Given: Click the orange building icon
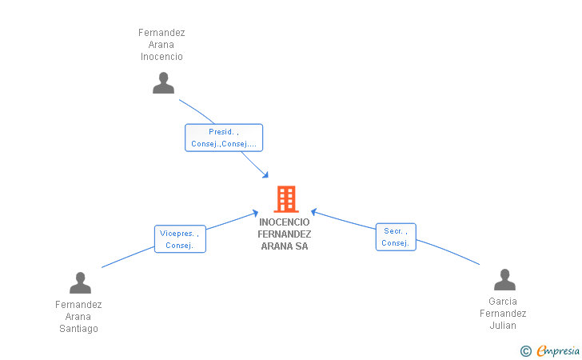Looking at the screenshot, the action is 286,199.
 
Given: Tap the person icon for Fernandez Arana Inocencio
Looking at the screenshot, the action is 163,83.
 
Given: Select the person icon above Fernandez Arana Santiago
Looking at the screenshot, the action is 80,282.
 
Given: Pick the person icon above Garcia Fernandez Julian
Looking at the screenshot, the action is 504,279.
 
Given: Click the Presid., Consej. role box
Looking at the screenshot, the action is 224,138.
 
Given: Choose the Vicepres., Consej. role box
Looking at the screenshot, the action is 180,239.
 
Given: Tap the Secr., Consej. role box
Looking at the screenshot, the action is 396,237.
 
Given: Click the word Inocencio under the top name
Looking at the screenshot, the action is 161,57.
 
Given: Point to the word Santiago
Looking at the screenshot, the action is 78,329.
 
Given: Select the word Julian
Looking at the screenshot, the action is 503,326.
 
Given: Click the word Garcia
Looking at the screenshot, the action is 503,302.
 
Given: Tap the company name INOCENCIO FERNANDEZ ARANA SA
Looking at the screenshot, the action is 285,234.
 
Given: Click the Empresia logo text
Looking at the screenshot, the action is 558,350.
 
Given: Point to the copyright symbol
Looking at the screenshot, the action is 526,351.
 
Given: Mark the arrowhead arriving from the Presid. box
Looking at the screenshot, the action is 265,174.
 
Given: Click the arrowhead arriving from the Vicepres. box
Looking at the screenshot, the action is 255,214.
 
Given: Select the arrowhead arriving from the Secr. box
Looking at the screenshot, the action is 314,212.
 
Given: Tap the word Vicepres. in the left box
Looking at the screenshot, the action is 177,234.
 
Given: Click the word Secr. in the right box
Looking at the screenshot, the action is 393,231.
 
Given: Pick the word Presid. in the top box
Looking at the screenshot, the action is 221,132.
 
